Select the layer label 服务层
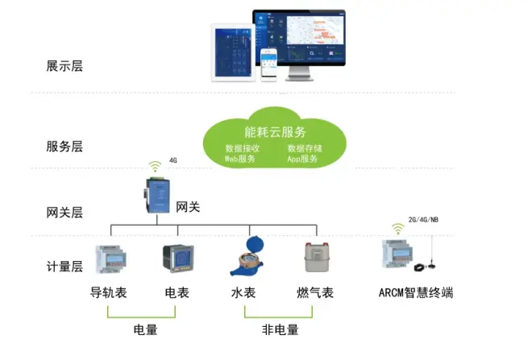point(64,147)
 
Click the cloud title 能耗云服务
point(275,131)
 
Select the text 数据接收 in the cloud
point(242,148)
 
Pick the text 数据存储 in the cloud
point(305,148)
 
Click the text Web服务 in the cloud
point(240,159)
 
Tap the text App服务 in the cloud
point(303,159)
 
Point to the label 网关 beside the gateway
point(188,207)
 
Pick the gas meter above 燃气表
point(315,260)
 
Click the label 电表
point(177,292)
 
